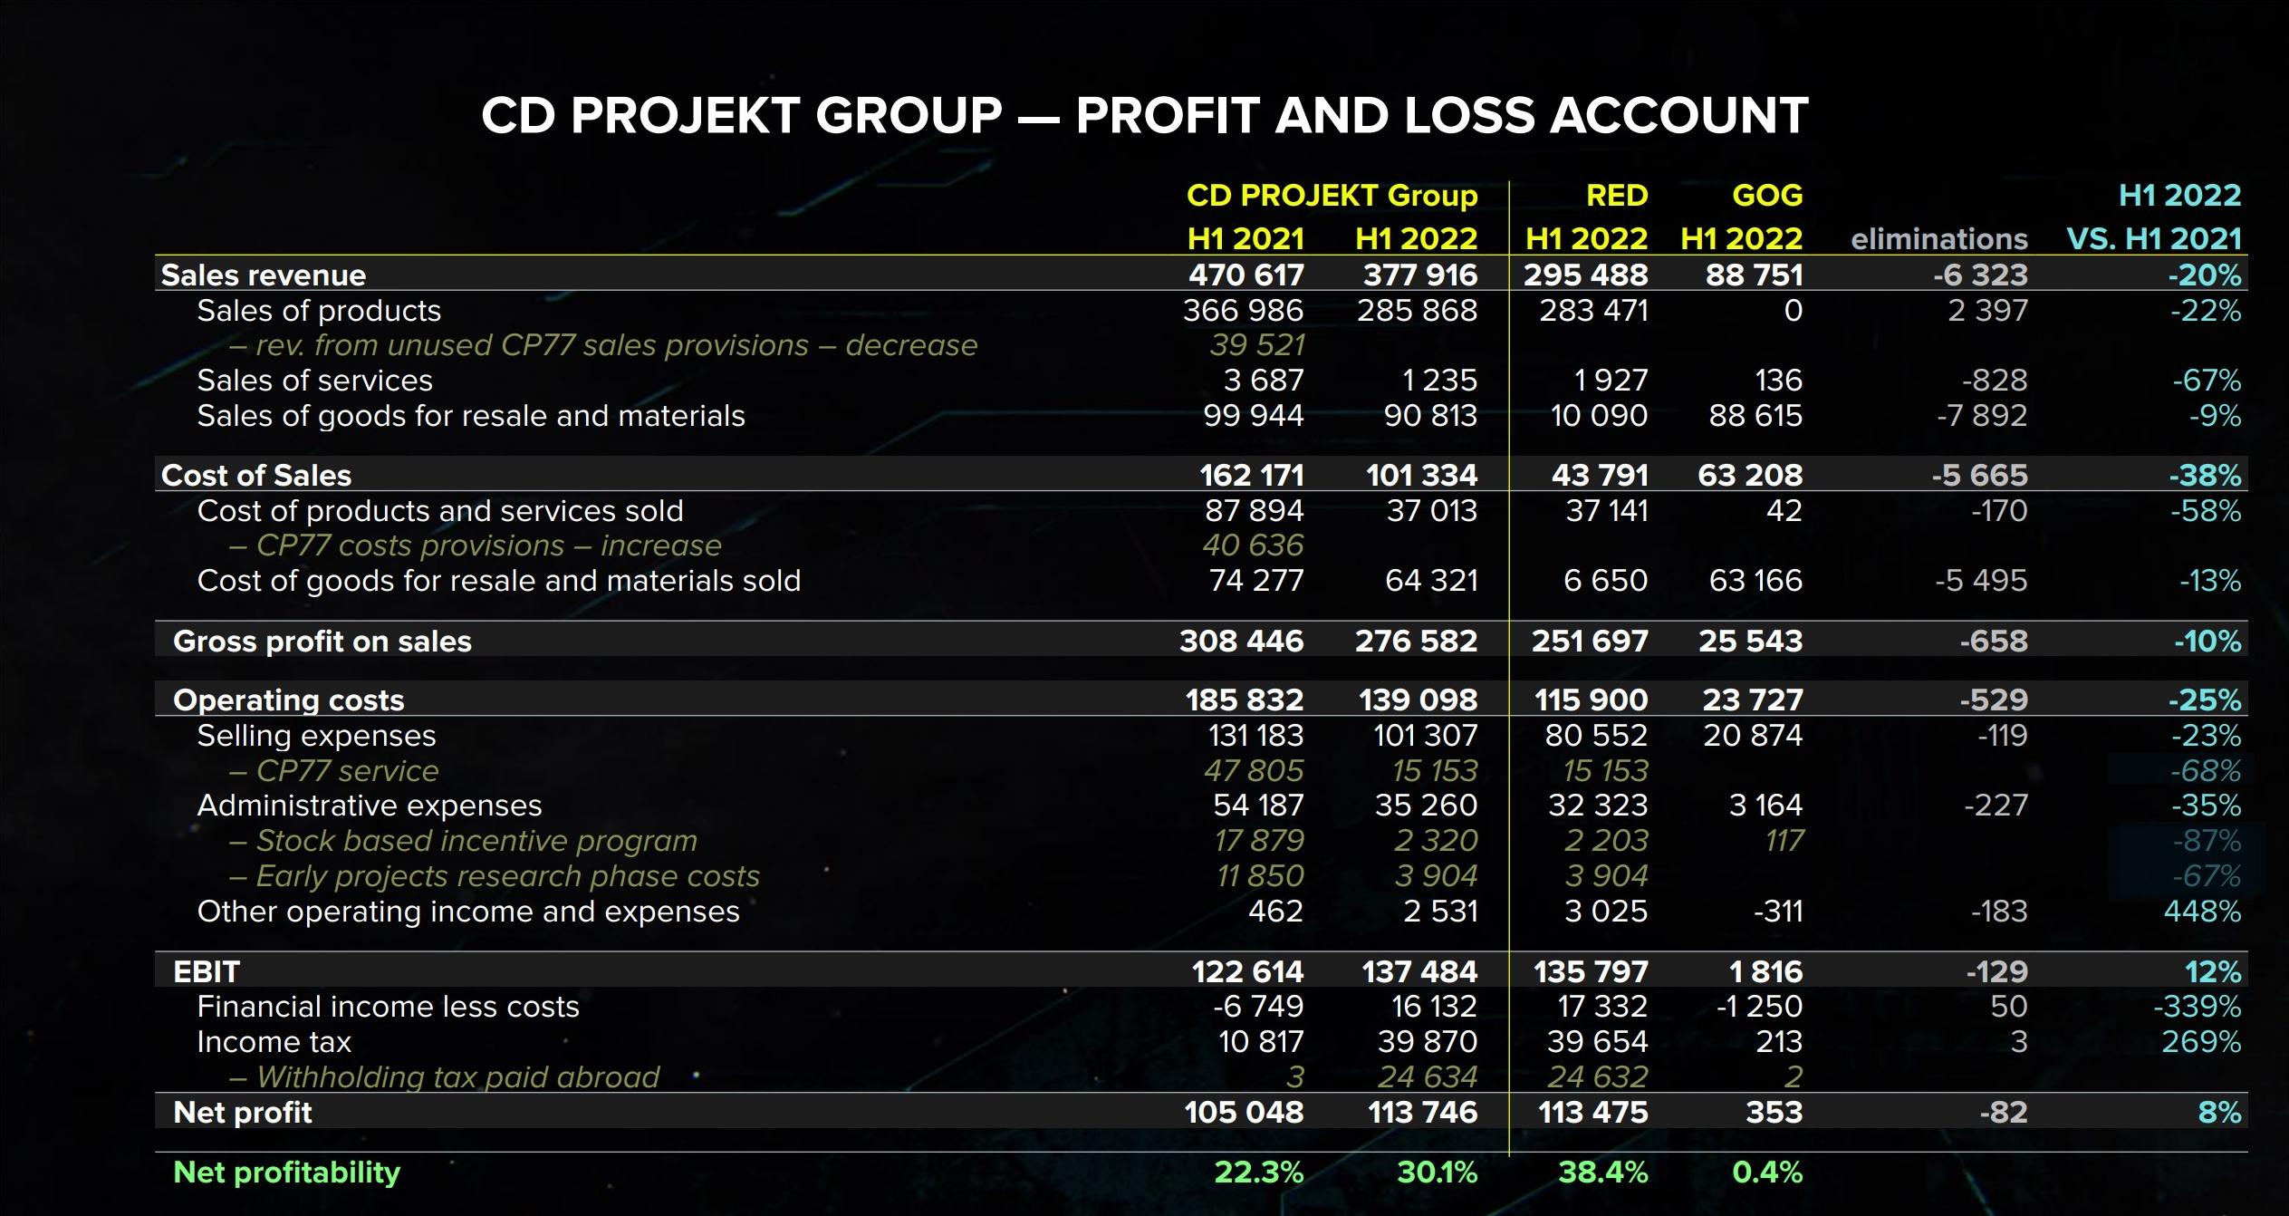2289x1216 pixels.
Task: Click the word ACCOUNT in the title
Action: tap(1678, 116)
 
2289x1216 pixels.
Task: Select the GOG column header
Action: tap(1766, 196)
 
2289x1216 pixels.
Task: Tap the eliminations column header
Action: tap(1938, 239)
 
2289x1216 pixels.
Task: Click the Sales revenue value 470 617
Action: tap(1246, 275)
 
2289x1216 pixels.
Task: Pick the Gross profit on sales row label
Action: tap(322, 642)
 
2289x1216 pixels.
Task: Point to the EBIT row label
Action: tap(207, 971)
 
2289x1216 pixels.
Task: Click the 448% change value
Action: tap(2202, 911)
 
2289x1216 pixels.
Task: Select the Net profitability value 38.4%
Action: tap(1602, 1173)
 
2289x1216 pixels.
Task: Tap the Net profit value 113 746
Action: tap(1422, 1112)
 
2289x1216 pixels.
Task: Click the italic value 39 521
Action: tap(1256, 345)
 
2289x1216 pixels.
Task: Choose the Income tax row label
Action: tap(274, 1042)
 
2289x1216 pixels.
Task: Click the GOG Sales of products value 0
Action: tap(1793, 311)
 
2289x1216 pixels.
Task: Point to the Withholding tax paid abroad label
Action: tap(457, 1077)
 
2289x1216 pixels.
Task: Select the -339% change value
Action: tap(2197, 1007)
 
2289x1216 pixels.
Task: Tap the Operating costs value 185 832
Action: tap(1245, 700)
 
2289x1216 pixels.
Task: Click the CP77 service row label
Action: tap(347, 771)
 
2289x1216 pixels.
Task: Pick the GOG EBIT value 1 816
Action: tap(1765, 971)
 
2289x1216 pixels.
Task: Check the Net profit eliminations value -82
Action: tap(2003, 1112)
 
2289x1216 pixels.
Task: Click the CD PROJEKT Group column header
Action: tap(1332, 196)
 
